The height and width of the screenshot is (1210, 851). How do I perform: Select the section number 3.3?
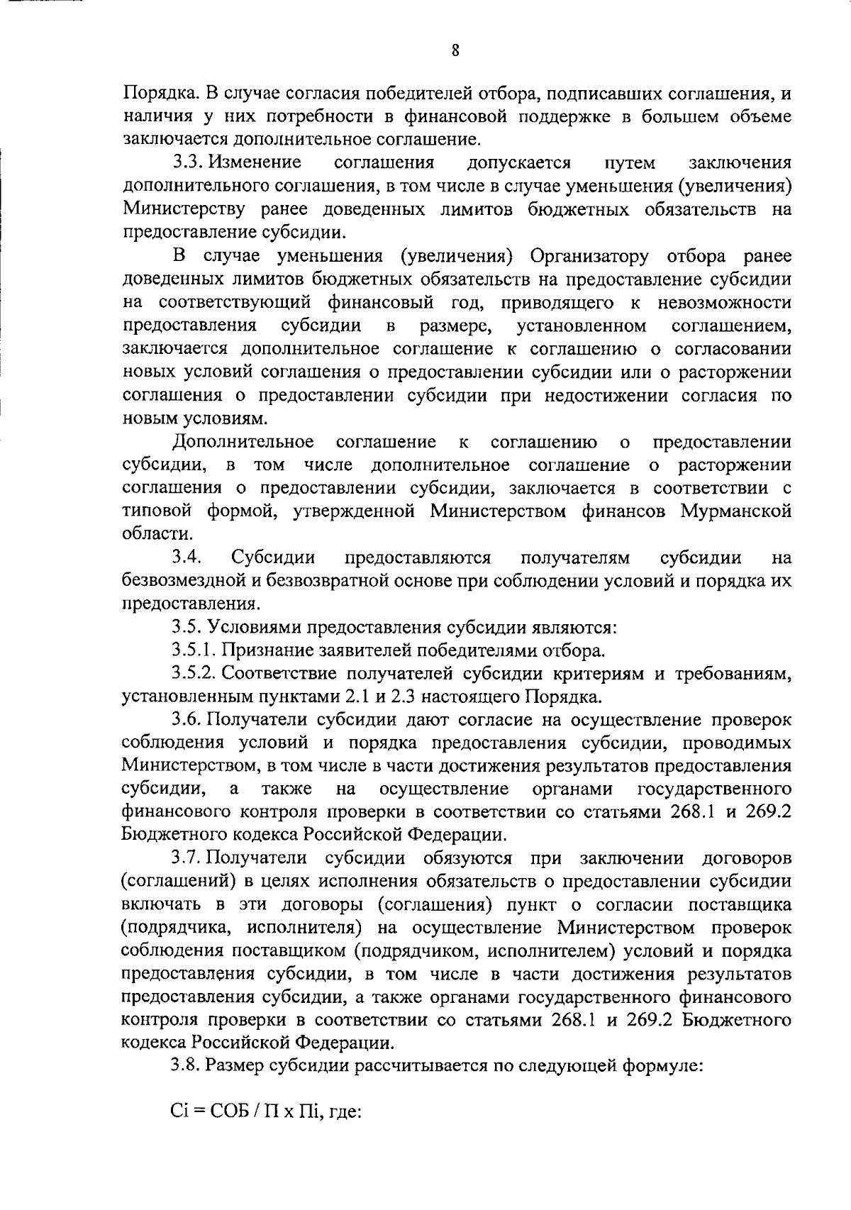pyautogui.click(x=187, y=163)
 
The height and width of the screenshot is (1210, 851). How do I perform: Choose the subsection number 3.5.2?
pyautogui.click(x=196, y=673)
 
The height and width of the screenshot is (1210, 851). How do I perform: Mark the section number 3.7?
pyautogui.click(x=187, y=857)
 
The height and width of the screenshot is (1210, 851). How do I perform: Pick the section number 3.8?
pyautogui.click(x=187, y=1066)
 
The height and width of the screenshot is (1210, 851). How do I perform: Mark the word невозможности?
pyautogui.click(x=725, y=303)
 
